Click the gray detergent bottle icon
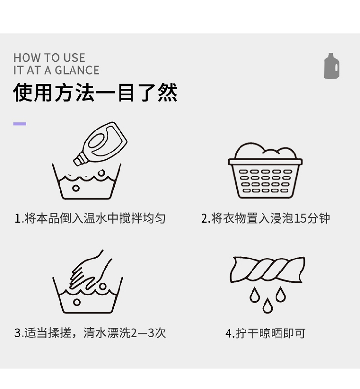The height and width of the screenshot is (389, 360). tap(332, 66)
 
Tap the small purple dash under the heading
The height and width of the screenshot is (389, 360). tap(20, 124)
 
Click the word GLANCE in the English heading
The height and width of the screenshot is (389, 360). tap(77, 70)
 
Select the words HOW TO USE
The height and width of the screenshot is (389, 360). tap(49, 58)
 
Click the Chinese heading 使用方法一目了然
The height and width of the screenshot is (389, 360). tap(96, 93)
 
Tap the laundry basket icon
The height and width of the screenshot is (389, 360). tap(265, 170)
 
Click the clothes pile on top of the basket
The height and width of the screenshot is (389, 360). tap(265, 151)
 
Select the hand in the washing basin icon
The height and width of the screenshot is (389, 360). tap(89, 271)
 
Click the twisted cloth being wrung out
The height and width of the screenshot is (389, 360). tap(267, 269)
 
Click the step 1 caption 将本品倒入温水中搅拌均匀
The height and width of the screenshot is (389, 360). tap(90, 218)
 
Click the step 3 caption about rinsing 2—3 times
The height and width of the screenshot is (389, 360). tap(90, 333)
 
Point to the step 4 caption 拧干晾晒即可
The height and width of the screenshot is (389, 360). tap(265, 333)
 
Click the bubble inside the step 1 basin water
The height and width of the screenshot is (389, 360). tap(76, 188)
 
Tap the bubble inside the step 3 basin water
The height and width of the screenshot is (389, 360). tap(77, 302)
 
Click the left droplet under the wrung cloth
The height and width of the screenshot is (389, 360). tap(254, 295)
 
